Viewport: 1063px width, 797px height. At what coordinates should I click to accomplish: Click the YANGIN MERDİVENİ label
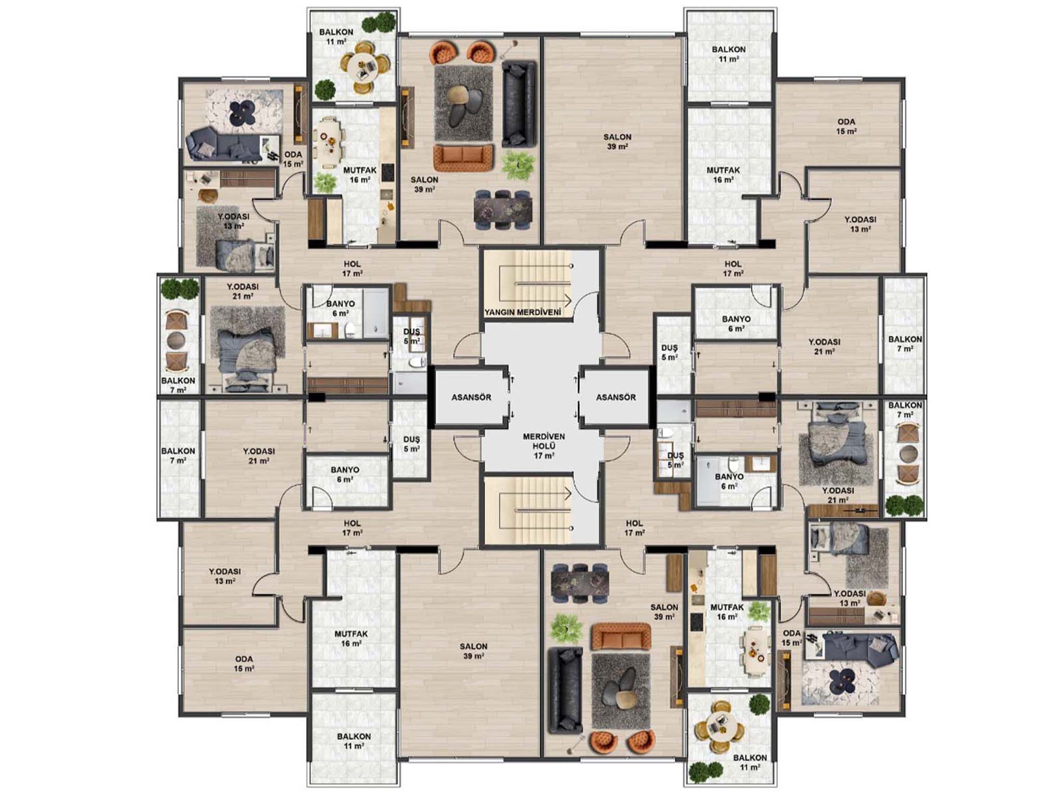tap(523, 312)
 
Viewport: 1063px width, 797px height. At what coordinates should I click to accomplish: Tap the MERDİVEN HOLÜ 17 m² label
tap(543, 446)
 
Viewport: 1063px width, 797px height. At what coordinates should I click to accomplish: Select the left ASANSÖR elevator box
tap(471, 397)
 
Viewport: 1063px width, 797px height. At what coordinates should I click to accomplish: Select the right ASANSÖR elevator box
tap(616, 397)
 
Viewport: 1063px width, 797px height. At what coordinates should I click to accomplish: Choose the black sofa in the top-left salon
tap(518, 104)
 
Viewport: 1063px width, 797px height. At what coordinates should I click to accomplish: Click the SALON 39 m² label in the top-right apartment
tap(617, 142)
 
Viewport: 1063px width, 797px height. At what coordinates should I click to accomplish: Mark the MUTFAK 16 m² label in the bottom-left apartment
tap(351, 638)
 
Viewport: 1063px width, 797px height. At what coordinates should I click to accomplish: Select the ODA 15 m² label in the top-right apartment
tap(846, 127)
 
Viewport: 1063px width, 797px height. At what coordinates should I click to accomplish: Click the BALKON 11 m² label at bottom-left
tap(353, 741)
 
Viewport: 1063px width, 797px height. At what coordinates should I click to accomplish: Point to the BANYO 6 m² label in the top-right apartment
tap(736, 323)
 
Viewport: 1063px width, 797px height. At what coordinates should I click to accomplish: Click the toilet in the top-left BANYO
tap(350, 329)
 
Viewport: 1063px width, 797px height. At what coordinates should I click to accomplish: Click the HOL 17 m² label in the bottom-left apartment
tap(351, 528)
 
